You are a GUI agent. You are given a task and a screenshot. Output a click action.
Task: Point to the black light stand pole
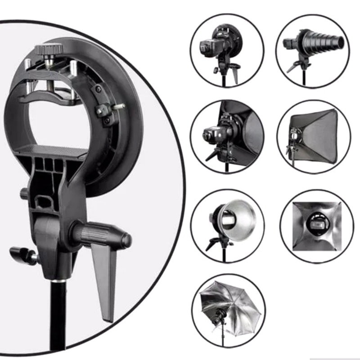tap(58, 315)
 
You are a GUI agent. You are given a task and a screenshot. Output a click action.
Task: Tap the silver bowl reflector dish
tap(241, 218)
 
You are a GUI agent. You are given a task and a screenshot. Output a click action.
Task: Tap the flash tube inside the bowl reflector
tap(227, 220)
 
